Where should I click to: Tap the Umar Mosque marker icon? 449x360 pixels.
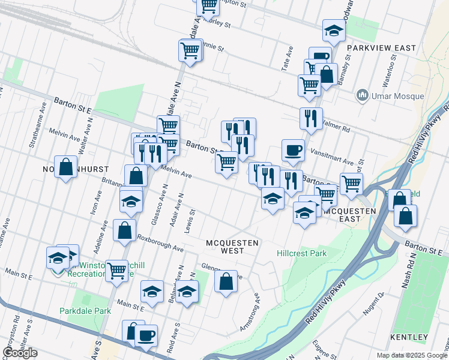click(362, 95)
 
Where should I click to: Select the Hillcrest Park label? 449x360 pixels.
click(301, 253)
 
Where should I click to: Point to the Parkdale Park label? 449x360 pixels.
click(85, 311)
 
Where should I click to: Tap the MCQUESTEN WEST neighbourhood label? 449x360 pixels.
click(232, 247)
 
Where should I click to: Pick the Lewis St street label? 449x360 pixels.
click(193, 220)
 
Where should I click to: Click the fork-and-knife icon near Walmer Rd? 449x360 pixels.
click(311, 119)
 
